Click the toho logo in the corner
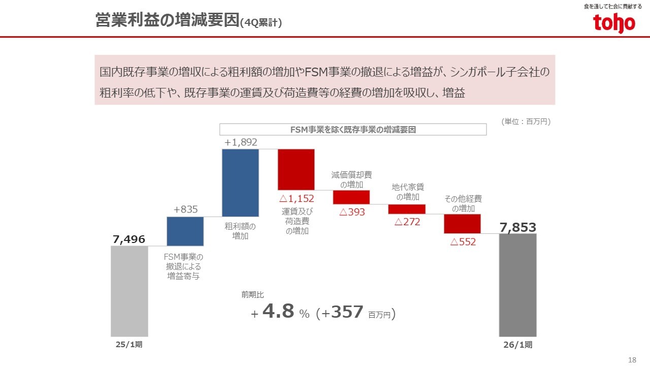click(x=614, y=23)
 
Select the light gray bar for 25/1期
click(x=129, y=291)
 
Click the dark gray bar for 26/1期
click(x=517, y=285)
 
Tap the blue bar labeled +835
click(x=185, y=231)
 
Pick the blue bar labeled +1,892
click(x=240, y=182)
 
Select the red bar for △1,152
click(x=296, y=169)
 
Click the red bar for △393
click(x=351, y=197)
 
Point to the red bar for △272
click(x=407, y=209)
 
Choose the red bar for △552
click(x=462, y=224)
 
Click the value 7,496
click(x=129, y=239)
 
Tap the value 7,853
click(x=517, y=228)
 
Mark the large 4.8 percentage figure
click(x=279, y=312)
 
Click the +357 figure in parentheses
click(x=343, y=312)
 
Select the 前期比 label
click(x=252, y=294)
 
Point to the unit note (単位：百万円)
click(x=526, y=121)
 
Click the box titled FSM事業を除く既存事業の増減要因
click(x=353, y=130)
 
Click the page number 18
click(x=632, y=360)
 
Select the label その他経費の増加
click(x=463, y=203)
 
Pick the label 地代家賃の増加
click(x=407, y=192)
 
